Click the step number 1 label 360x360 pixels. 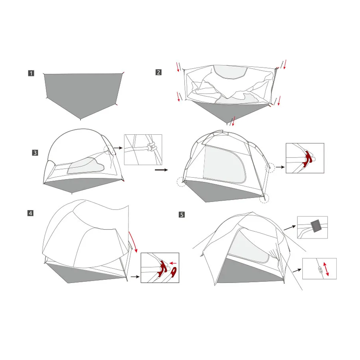click(31, 73)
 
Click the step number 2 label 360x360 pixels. click(159, 72)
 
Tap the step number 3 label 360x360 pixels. click(35, 153)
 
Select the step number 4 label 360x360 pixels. click(30, 213)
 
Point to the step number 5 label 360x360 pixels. click(182, 215)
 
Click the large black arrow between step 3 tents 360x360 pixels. click(161, 170)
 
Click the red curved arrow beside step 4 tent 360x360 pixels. click(134, 242)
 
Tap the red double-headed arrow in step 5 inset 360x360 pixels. click(326, 269)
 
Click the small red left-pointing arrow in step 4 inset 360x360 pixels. click(173, 263)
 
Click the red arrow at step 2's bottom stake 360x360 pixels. click(233, 121)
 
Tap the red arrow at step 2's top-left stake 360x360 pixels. click(178, 67)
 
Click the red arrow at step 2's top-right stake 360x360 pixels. click(285, 65)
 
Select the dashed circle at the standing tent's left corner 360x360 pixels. click(182, 182)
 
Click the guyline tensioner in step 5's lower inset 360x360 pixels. click(320, 269)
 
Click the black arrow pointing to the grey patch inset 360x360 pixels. click(290, 228)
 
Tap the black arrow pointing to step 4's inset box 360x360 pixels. click(135, 277)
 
